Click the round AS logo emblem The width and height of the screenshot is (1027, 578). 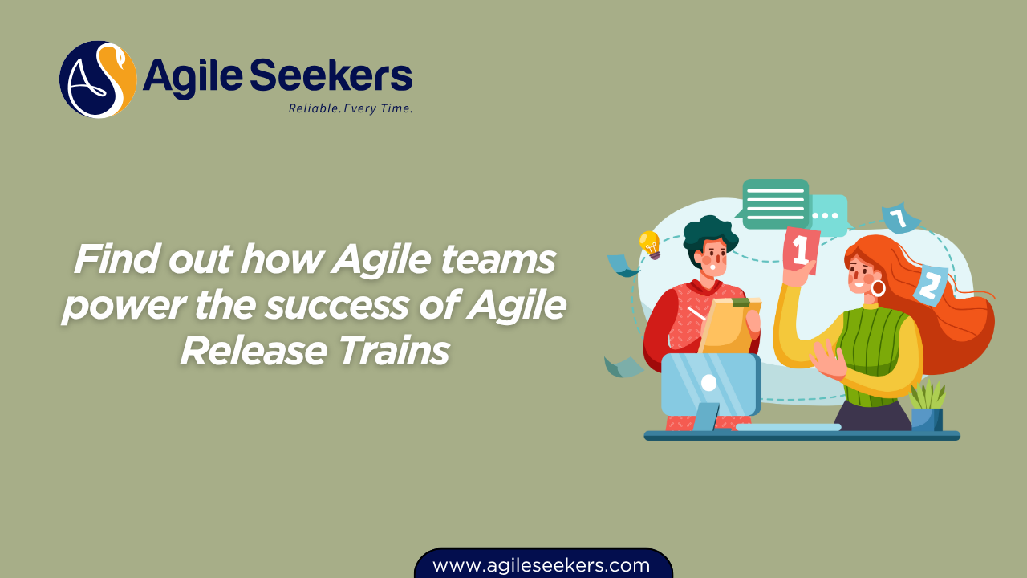[98, 79]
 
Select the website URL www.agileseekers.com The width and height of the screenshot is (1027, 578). [542, 565]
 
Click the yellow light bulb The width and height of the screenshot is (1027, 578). [649, 243]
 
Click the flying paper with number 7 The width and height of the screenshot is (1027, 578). [899, 218]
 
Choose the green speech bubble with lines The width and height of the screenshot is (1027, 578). [774, 203]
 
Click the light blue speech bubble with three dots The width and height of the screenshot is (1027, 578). [826, 215]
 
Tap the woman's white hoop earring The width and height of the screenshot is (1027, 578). [878, 287]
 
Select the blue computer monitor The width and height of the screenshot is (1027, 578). [709, 385]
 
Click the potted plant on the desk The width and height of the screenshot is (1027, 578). [928, 406]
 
